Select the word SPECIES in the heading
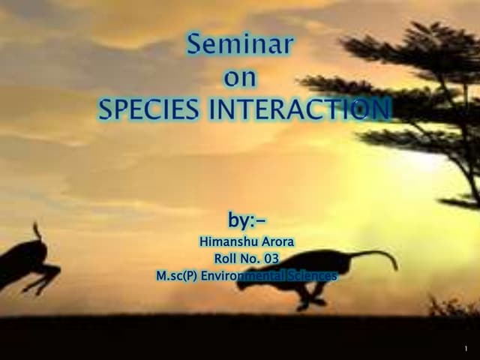[x=149, y=109]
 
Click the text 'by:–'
[x=247, y=221]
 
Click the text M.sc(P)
[x=175, y=276]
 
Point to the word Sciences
[x=314, y=276]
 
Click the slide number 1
[x=466, y=349]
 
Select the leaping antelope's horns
[x=36, y=231]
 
